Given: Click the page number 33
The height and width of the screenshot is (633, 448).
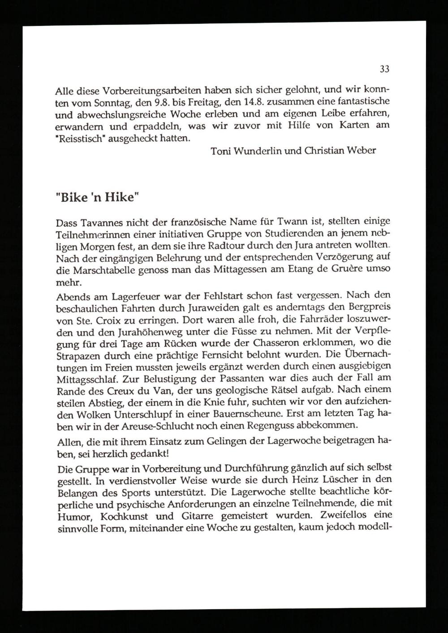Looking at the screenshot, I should (x=384, y=69).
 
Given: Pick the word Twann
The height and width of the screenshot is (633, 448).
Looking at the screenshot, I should (x=293, y=222).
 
